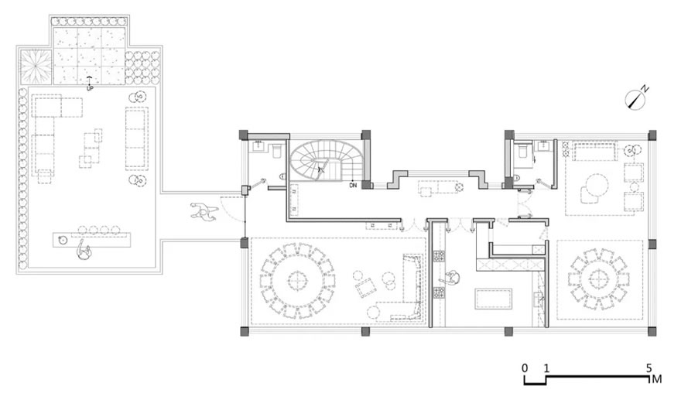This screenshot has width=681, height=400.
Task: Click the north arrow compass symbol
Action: tap(635, 101)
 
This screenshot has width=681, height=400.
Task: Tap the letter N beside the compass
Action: tap(646, 89)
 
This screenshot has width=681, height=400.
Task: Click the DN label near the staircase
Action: tap(353, 185)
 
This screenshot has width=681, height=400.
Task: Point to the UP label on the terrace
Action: tap(90, 88)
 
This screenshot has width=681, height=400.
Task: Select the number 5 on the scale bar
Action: tap(648, 368)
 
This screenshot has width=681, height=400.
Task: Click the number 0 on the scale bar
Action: tap(525, 368)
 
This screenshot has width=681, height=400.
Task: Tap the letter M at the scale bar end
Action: tap(657, 378)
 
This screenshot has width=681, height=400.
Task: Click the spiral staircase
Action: tap(321, 161)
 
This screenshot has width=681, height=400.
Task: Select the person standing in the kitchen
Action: tap(452, 278)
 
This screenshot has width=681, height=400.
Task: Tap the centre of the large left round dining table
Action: tap(297, 281)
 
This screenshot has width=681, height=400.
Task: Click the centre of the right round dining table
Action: tap(598, 278)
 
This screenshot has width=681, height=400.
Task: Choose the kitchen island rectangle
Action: tap(494, 299)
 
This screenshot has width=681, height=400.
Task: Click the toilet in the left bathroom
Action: tap(277, 152)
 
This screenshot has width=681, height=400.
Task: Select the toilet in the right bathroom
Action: tap(522, 151)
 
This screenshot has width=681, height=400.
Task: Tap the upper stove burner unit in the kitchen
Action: tap(439, 255)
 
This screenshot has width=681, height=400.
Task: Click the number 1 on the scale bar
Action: tap(546, 368)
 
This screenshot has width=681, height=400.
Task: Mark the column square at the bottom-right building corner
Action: tap(652, 332)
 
